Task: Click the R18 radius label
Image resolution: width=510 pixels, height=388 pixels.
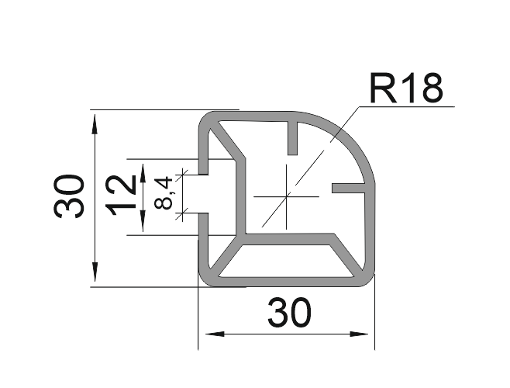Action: [x=406, y=89]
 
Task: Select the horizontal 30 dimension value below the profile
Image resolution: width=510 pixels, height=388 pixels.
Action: [x=289, y=313]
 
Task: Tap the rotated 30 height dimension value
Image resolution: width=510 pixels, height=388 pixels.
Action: [x=71, y=196]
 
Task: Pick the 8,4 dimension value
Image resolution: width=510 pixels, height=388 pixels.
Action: [x=164, y=192]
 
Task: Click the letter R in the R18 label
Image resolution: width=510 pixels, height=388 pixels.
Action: [x=381, y=89]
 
